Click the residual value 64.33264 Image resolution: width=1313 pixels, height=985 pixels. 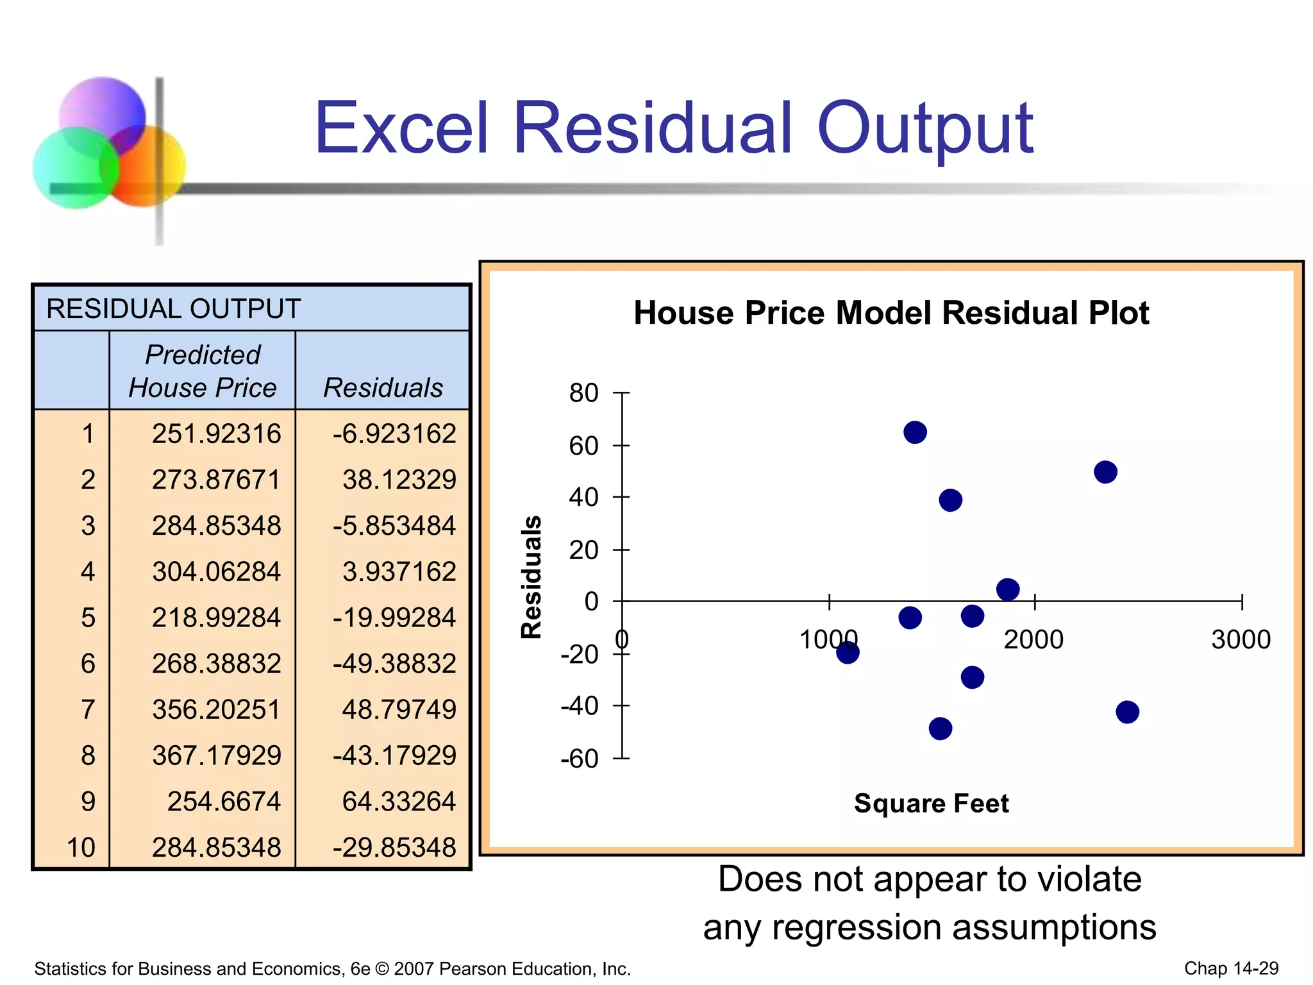pos(398,801)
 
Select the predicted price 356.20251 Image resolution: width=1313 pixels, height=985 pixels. pos(216,709)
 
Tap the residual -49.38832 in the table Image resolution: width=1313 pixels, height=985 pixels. pos(394,663)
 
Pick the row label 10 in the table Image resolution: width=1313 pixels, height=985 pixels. pos(81,847)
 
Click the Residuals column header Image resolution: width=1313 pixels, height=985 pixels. pos(383,387)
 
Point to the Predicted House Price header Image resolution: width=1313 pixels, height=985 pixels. pos(203,371)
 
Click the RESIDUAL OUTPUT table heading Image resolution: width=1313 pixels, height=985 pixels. pos(173,308)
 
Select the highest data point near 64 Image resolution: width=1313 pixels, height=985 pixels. pos(915,432)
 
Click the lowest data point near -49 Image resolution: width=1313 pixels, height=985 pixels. pos(940,728)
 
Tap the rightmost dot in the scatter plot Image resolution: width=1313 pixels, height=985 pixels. pos(1127,712)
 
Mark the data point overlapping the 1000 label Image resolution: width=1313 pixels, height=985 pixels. pos(848,653)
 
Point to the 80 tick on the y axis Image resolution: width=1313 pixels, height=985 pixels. pos(583,392)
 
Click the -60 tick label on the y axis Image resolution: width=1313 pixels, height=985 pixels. pos(580,759)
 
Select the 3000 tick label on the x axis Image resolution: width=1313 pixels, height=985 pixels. pos(1241,639)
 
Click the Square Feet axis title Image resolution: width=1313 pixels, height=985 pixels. pos(931,803)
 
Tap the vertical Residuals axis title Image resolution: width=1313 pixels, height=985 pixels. pos(531,577)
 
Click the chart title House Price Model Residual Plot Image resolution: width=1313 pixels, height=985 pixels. pos(891,313)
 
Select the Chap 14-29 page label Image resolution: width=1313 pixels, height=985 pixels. pos(1231,968)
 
